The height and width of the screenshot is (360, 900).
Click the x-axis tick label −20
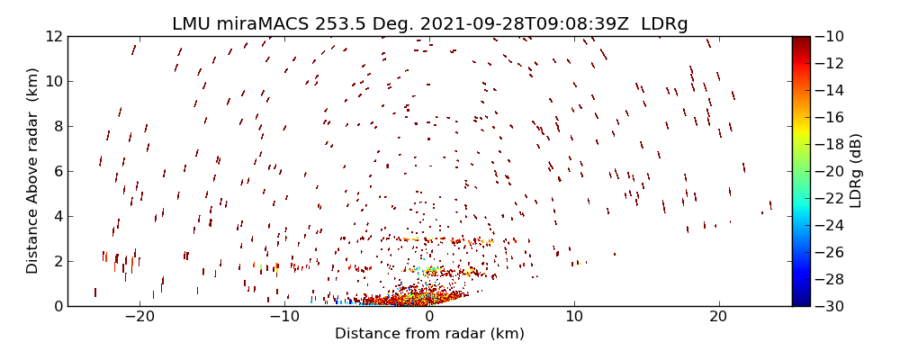139,317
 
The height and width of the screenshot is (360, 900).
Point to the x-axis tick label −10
284,317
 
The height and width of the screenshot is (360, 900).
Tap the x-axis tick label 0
429,317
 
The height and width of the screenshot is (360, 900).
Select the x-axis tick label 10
574,317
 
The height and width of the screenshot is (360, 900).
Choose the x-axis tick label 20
718,317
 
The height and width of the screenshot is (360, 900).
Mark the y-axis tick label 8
57,126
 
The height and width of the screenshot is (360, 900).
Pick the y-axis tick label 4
57,216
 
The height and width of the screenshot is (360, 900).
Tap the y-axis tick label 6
57,171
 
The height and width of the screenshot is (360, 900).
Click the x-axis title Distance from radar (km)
429,334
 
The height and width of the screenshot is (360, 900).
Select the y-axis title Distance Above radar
32,171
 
